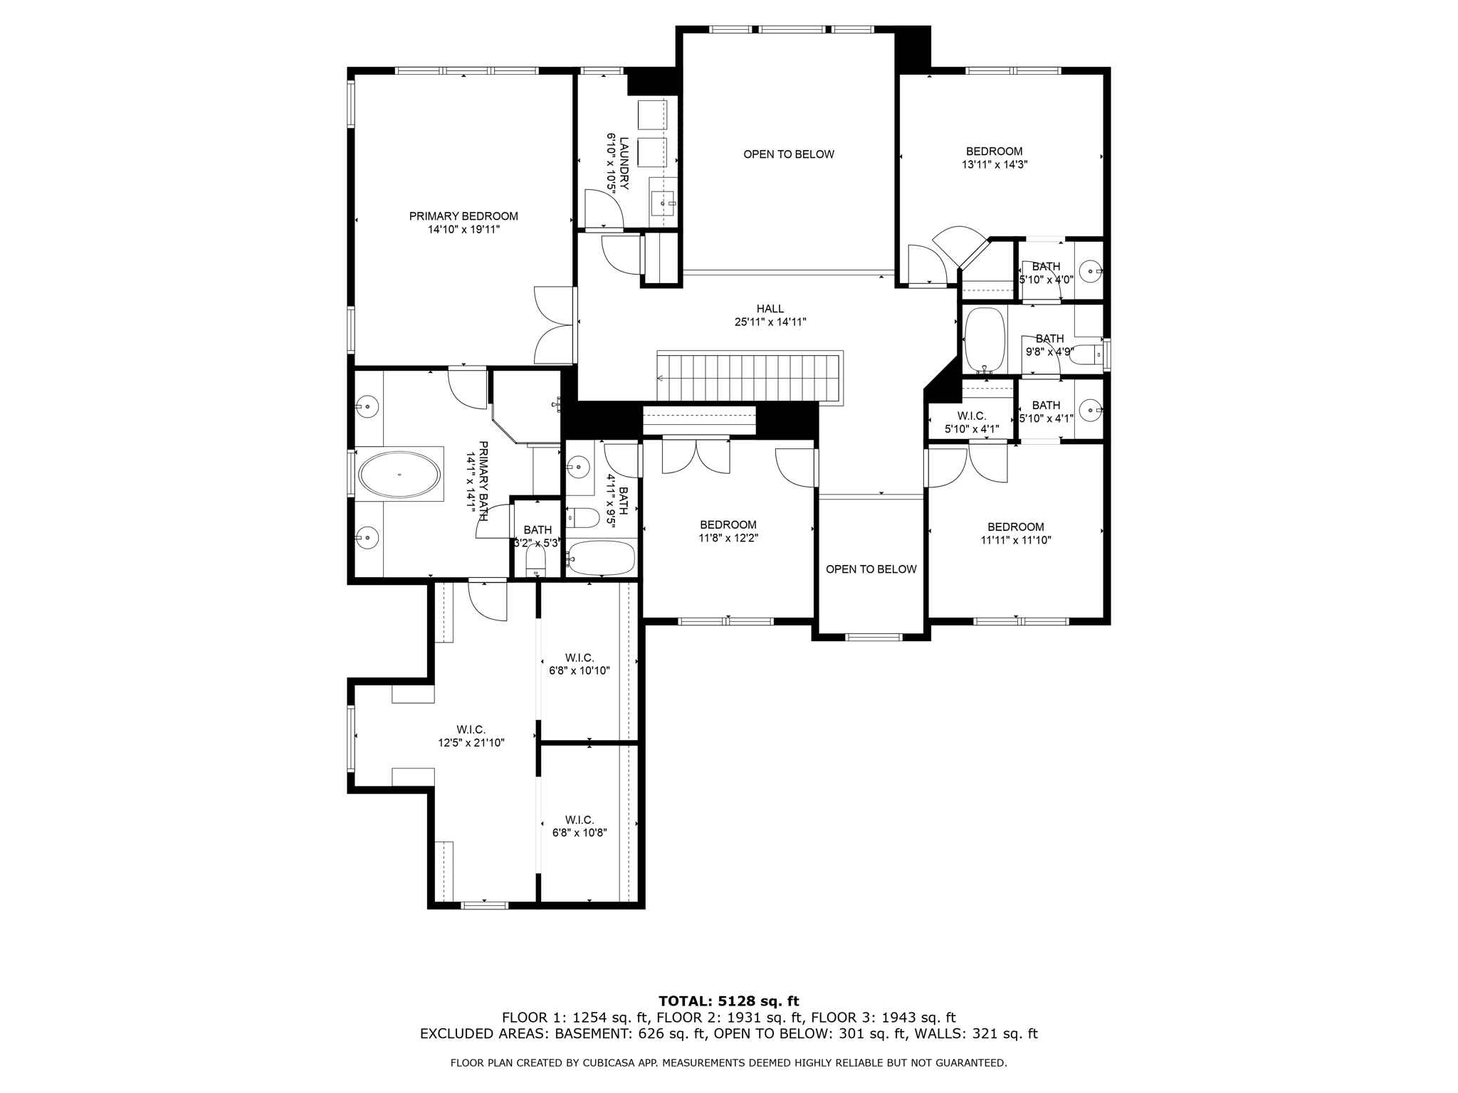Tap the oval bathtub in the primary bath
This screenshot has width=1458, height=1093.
tap(399, 475)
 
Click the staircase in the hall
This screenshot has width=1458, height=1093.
tap(750, 378)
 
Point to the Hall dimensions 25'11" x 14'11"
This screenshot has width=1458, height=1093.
tap(770, 322)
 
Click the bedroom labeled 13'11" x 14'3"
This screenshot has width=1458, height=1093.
tap(995, 157)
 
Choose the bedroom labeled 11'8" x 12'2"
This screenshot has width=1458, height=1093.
tap(728, 532)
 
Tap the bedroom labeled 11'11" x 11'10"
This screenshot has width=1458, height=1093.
tap(1016, 533)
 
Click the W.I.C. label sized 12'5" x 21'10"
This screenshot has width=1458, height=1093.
tap(471, 736)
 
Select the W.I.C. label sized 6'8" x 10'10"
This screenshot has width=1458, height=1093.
tap(579, 664)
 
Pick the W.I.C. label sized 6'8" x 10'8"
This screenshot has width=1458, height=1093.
tap(579, 826)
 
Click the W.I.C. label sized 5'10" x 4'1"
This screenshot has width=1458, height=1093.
tap(972, 423)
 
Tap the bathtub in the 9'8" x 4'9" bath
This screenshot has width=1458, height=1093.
tap(984, 339)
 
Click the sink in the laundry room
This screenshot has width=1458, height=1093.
tap(664, 204)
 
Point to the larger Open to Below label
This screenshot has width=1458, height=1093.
tap(789, 154)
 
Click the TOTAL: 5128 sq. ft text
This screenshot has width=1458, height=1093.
tap(729, 1002)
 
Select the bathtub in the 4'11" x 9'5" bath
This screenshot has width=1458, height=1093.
tap(601, 559)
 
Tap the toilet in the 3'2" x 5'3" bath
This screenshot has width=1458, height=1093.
tap(535, 566)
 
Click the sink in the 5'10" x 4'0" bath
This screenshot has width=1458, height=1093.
tap(1090, 270)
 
